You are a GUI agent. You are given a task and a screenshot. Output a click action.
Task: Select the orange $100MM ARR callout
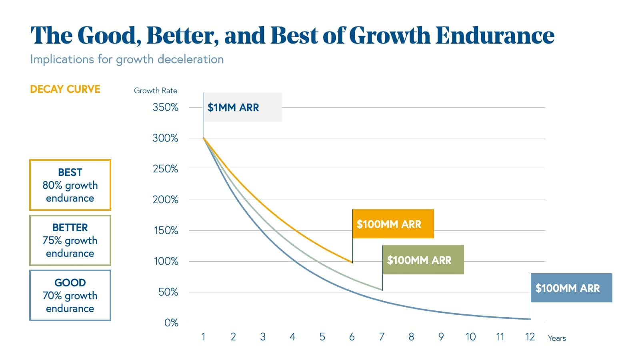click(392, 224)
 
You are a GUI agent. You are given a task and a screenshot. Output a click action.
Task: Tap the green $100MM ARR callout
click(423, 260)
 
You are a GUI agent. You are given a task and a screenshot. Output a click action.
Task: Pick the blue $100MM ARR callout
click(571, 288)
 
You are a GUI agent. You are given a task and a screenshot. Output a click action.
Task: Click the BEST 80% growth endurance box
click(70, 185)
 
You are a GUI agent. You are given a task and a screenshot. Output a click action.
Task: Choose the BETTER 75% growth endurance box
click(70, 240)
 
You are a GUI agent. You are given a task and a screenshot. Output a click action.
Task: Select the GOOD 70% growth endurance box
click(70, 296)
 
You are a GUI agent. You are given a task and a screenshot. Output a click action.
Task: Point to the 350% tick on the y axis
click(165, 107)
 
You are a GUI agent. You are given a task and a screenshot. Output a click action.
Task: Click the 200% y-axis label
click(165, 200)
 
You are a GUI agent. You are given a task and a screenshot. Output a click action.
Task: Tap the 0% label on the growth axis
click(171, 323)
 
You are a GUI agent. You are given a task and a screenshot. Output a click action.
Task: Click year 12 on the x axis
click(530, 337)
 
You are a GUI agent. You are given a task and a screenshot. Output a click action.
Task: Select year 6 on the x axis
click(352, 337)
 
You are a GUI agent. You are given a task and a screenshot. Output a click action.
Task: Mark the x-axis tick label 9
click(441, 337)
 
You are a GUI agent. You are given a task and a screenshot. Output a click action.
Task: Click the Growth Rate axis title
click(155, 90)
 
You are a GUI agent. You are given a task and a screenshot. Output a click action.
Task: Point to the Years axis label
click(557, 338)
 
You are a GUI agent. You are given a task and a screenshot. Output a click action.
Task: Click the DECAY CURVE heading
click(65, 89)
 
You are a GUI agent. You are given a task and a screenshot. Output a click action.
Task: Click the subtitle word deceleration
click(190, 59)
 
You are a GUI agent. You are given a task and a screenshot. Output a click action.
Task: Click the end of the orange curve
click(352, 262)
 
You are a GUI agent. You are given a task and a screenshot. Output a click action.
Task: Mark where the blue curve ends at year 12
click(530, 319)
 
